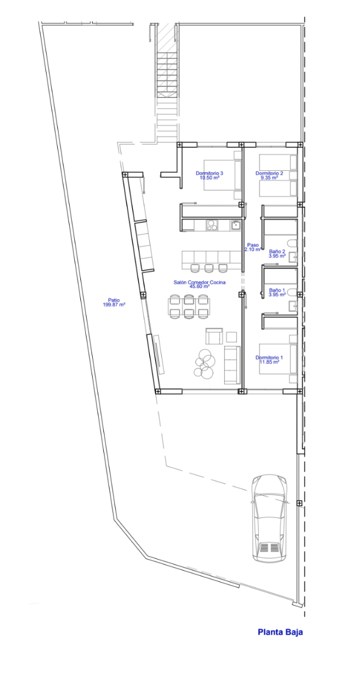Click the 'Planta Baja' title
click(x=280, y=633)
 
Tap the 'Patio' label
click(x=113, y=300)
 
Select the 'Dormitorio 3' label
click(x=209, y=173)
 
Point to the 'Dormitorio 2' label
click(x=269, y=173)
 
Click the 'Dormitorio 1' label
click(x=269, y=357)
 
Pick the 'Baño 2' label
click(x=277, y=251)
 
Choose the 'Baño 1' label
click(x=277, y=290)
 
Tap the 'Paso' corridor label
click(x=253, y=245)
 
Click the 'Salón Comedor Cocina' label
click(x=199, y=282)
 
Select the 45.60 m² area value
click(x=199, y=286)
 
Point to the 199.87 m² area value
click(x=113, y=304)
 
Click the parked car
click(x=270, y=518)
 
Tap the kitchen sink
click(x=236, y=225)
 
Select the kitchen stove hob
click(x=212, y=225)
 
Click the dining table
click(x=189, y=307)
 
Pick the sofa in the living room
click(x=232, y=365)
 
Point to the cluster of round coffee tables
click(x=204, y=363)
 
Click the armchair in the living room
click(x=214, y=336)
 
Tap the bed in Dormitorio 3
click(x=222, y=175)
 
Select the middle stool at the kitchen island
click(x=208, y=267)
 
